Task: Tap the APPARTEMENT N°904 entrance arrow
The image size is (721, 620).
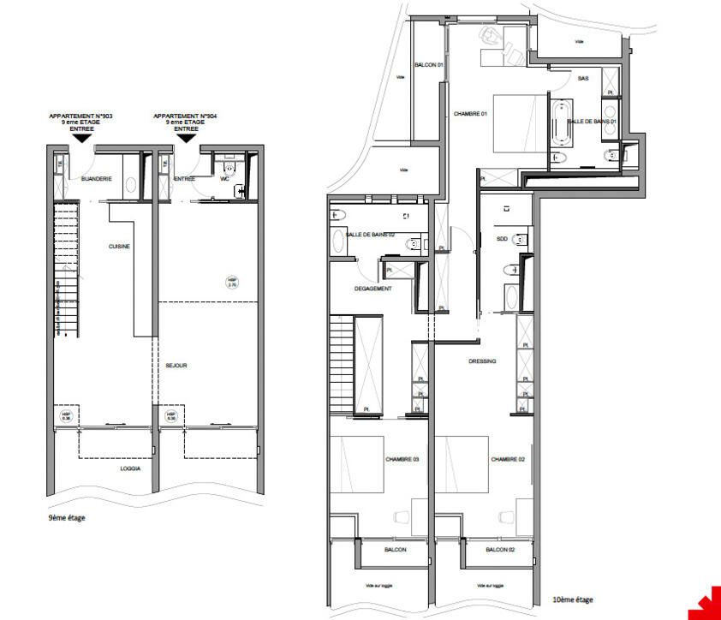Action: [187, 138]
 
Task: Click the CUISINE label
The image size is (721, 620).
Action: [119, 246]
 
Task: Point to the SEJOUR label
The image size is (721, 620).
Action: [176, 366]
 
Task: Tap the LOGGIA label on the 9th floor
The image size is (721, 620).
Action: [130, 468]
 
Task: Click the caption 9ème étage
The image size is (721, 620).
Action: [67, 517]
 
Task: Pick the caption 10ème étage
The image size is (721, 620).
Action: [567, 599]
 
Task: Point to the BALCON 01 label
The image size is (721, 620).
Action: [427, 65]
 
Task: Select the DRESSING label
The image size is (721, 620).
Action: [482, 361]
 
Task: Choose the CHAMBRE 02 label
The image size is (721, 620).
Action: [506, 460]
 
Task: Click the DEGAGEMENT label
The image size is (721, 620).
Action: [372, 289]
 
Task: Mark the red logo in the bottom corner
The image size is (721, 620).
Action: [708, 605]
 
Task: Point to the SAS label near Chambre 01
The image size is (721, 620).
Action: [583, 78]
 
